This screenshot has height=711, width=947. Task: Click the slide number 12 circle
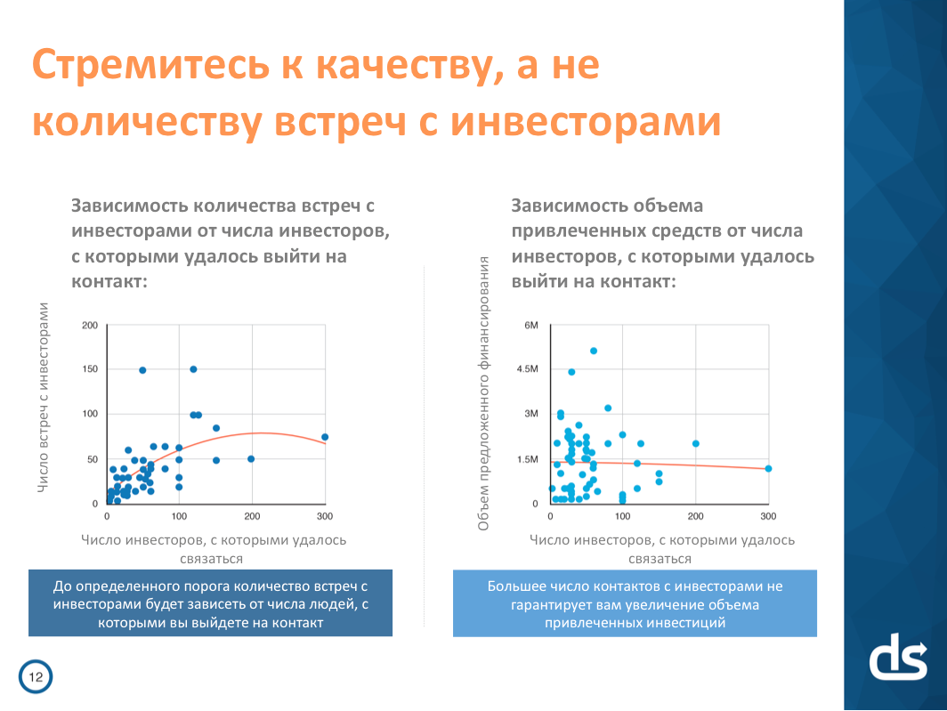[36, 676]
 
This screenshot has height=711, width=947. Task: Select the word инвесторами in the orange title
[586, 122]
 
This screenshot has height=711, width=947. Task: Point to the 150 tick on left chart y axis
[89, 369]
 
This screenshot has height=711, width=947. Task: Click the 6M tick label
[530, 325]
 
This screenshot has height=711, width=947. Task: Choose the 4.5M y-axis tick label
[527, 369]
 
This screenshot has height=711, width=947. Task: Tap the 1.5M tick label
[527, 459]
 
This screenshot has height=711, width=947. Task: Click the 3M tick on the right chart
[530, 414]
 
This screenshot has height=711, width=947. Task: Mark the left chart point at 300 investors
[325, 437]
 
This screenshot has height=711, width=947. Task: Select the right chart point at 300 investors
[768, 468]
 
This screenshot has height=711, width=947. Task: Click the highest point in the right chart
[594, 351]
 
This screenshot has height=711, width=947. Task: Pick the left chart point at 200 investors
[251, 459]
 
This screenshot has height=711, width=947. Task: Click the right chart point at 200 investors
[696, 443]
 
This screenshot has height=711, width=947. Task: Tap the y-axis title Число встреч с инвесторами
[43, 398]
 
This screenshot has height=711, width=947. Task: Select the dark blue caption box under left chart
[210, 602]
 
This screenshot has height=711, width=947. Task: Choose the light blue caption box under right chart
[635, 603]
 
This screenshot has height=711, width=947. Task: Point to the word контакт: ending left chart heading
[109, 281]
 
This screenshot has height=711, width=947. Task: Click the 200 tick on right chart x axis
[696, 516]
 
